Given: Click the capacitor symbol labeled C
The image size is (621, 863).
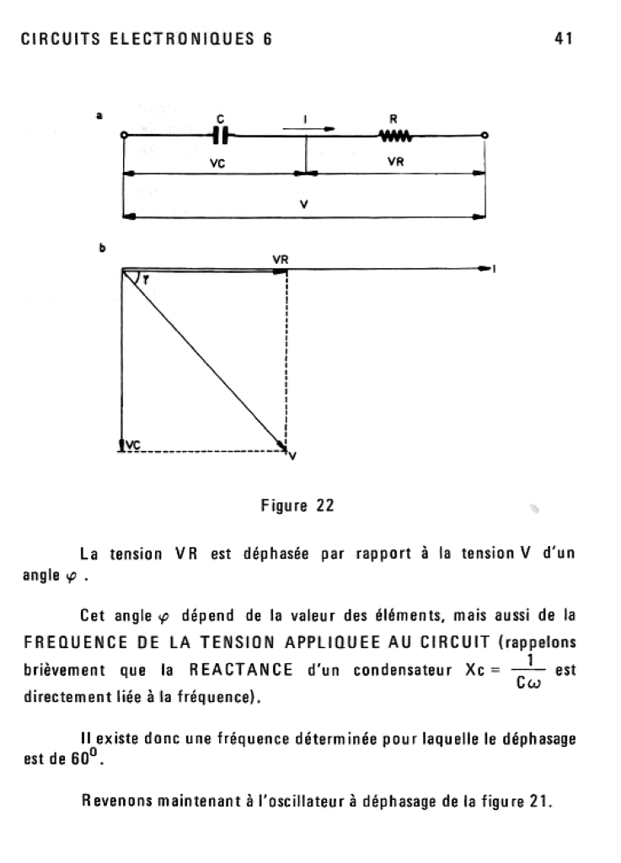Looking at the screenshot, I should [221, 135].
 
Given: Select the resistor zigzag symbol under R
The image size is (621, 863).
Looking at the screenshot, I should [393, 135].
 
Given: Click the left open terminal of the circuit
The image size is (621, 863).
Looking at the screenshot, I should [124, 135].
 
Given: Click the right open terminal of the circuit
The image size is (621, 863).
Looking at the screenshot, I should [485, 135].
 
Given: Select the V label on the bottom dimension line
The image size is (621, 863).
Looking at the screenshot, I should [303, 205].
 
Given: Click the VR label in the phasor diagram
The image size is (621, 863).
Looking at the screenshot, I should [281, 260].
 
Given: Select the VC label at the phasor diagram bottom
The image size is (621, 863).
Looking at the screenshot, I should [131, 443].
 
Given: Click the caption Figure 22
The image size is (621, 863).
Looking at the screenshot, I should [297, 506].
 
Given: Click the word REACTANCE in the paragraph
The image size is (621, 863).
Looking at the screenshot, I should [241, 670].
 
